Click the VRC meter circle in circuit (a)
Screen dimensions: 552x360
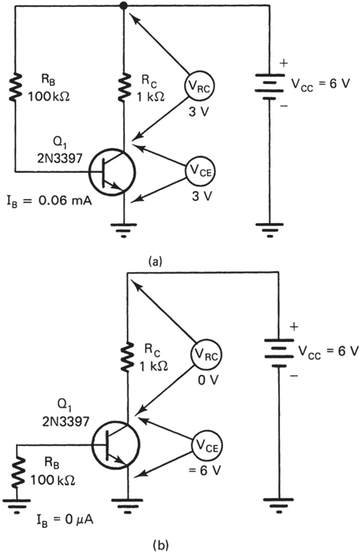pos(196,86)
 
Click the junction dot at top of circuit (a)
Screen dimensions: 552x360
pos(124,7)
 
